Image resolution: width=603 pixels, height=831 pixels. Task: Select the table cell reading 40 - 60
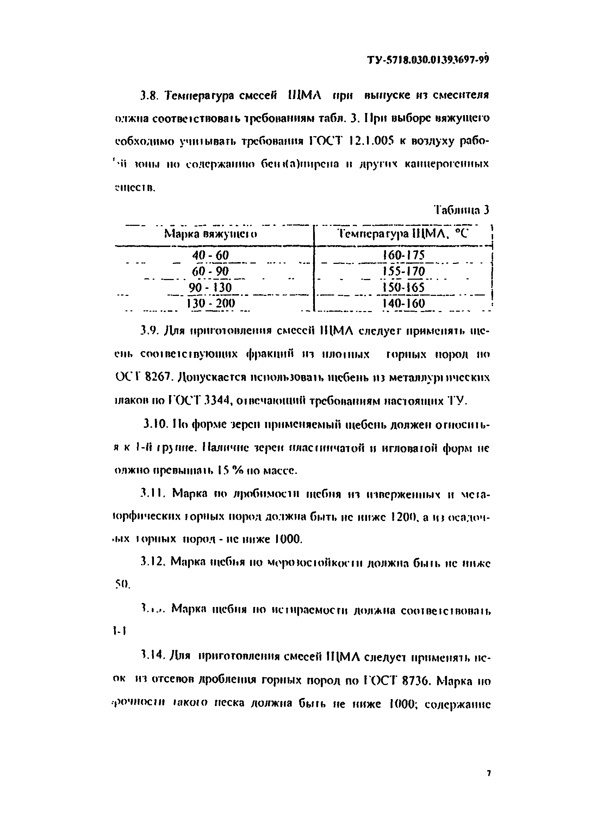[x=211, y=255]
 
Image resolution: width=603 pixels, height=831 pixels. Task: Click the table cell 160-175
[x=403, y=255]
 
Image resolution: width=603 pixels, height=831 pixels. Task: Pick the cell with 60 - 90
[x=211, y=271]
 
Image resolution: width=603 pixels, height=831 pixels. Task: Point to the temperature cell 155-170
[x=403, y=271]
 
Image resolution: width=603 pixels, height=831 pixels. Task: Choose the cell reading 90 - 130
[x=211, y=287]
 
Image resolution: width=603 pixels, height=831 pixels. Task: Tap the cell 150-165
[x=403, y=287]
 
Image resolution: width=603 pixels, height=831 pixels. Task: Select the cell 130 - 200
[x=211, y=303]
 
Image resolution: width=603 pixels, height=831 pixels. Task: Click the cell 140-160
[x=403, y=303]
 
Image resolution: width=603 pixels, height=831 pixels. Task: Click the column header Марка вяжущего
[x=210, y=234]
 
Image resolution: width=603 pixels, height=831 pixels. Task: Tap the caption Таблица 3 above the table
[x=461, y=210]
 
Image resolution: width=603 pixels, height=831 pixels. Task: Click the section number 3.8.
[x=149, y=96]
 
